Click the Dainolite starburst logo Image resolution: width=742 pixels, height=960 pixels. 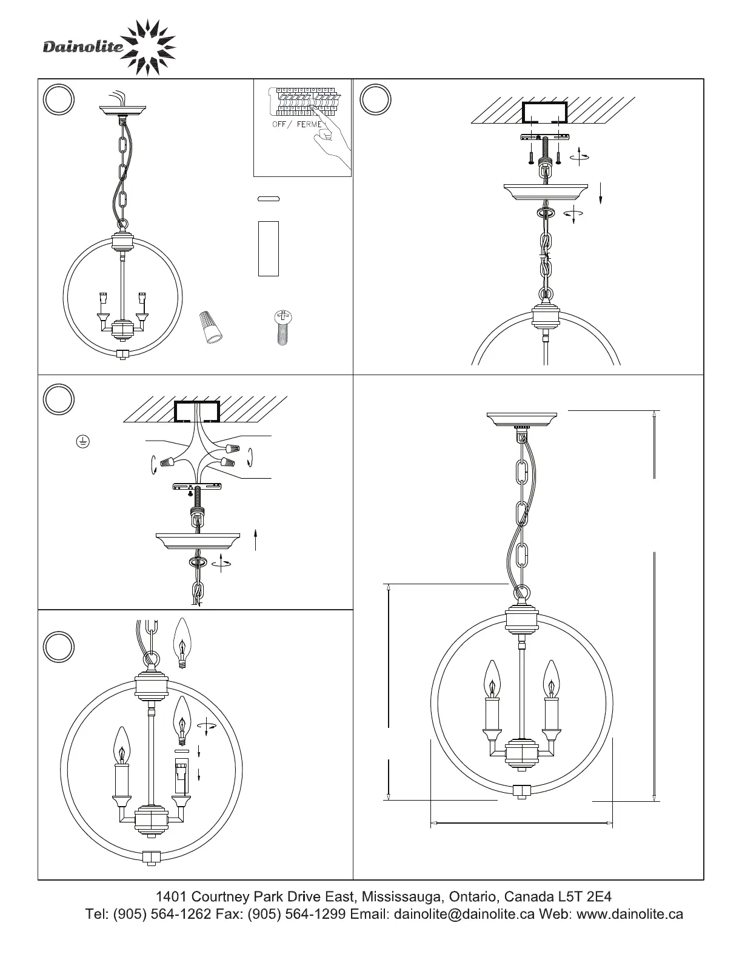coord(148,47)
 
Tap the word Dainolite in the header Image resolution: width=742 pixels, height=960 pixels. coord(83,47)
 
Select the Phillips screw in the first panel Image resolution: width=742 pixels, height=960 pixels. coord(283,327)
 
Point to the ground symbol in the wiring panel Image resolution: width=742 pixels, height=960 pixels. coord(83,441)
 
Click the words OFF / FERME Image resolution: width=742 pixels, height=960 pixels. coord(297,124)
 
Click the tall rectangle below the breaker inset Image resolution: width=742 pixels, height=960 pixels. coord(269,248)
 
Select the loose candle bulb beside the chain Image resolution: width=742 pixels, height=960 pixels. coord(182,643)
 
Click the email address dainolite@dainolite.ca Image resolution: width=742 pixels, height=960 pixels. coord(464,914)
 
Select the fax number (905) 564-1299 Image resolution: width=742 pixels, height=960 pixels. coord(296,914)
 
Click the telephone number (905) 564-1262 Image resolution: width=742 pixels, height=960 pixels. coord(162,914)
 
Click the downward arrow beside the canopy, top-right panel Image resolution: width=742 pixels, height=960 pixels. coord(601,193)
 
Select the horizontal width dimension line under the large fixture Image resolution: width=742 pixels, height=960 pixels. coord(521,823)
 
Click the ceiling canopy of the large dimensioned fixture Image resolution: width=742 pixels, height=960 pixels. coord(522,419)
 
